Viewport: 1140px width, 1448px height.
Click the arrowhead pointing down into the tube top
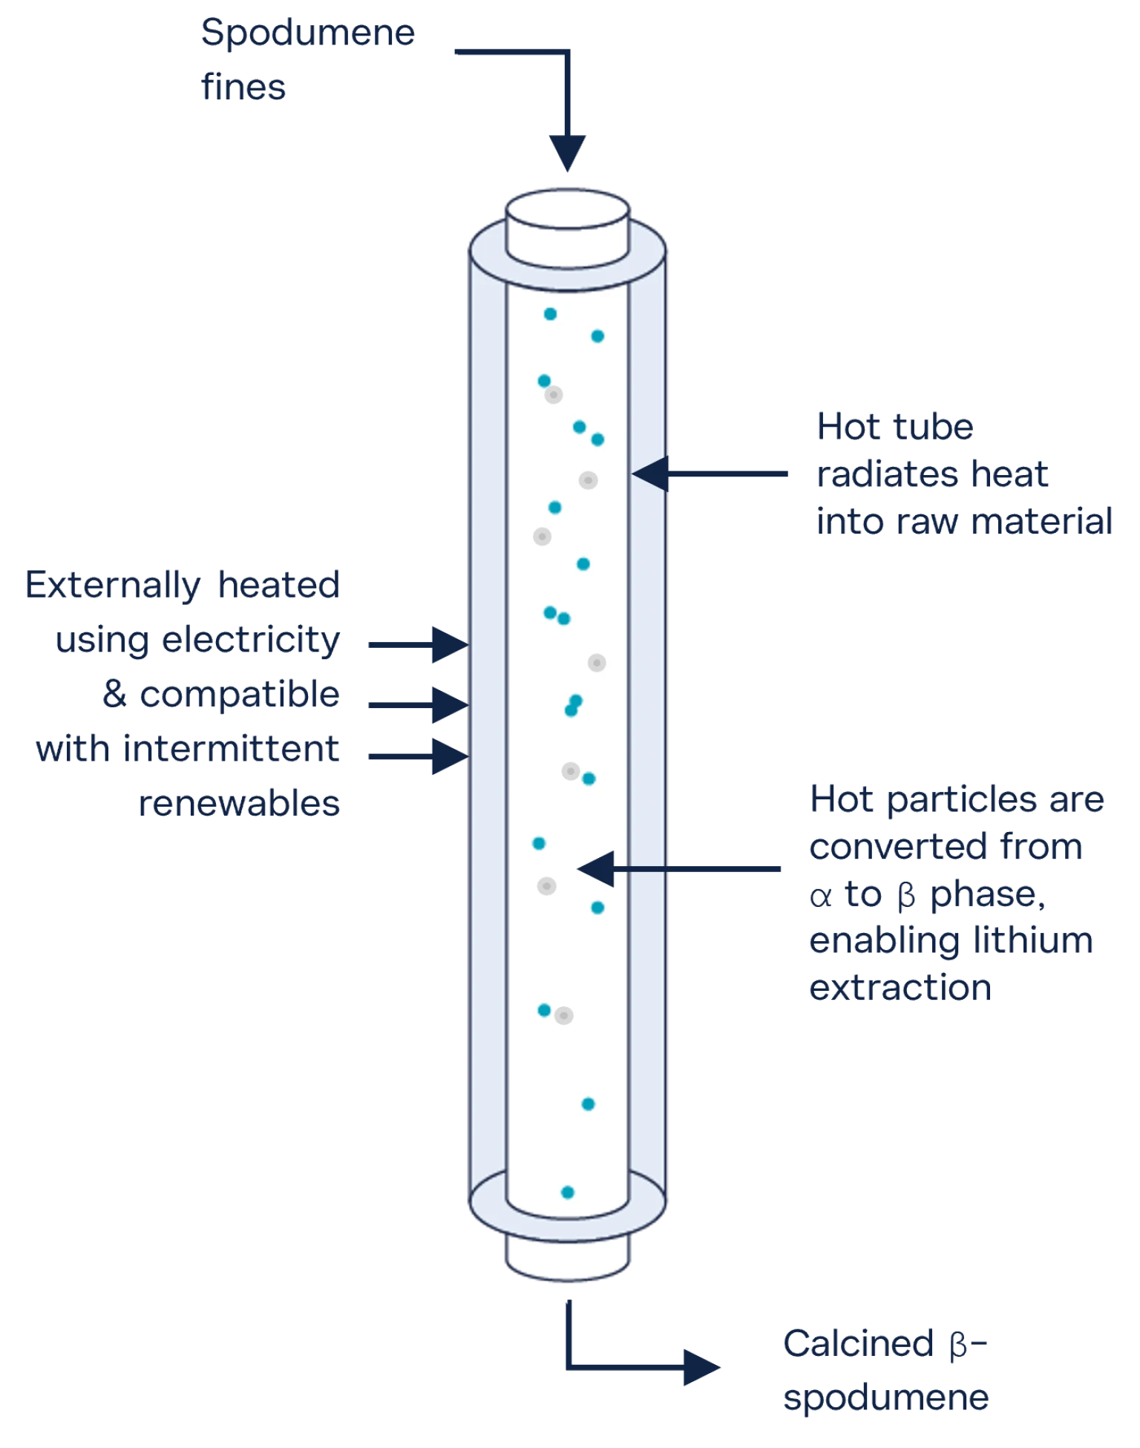[x=568, y=153]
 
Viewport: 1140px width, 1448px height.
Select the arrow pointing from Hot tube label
[x=710, y=474]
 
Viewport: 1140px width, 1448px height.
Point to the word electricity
[x=251, y=641]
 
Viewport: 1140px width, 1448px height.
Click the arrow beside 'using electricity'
[x=419, y=644]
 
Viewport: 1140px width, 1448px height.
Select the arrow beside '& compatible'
[x=419, y=704]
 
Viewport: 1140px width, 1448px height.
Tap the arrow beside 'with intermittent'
[x=419, y=756]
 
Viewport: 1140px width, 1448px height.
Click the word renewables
[x=239, y=803]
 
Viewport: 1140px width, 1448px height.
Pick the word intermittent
[x=231, y=748]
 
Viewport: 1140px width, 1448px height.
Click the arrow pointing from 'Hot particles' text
[x=679, y=868]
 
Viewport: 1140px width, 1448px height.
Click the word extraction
[x=900, y=988]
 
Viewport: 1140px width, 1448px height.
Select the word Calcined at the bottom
[x=859, y=1343]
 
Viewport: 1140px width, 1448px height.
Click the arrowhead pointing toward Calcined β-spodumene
[x=701, y=1367]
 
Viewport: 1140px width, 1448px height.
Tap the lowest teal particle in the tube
[x=568, y=1193]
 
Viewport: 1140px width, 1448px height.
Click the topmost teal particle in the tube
[x=550, y=314]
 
